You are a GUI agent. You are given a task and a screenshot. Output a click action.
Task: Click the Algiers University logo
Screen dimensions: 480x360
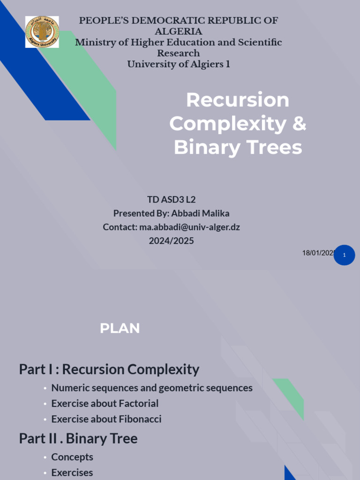tap(42, 32)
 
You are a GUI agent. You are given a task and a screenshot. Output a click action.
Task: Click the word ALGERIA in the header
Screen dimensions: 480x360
tap(179, 31)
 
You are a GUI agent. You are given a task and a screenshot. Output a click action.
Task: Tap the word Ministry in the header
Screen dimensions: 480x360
tap(96, 43)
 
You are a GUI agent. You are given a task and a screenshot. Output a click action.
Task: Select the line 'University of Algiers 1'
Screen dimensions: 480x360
tap(179, 64)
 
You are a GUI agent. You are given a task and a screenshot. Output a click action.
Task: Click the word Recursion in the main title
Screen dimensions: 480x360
tap(238, 100)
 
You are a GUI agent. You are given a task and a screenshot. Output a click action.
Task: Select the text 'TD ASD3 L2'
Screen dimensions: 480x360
tap(171, 200)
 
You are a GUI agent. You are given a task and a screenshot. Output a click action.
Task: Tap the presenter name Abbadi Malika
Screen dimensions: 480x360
tap(200, 214)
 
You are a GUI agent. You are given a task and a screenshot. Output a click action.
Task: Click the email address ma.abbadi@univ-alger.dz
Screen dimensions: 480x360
tap(189, 227)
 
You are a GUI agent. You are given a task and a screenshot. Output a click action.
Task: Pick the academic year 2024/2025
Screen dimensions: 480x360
tap(171, 241)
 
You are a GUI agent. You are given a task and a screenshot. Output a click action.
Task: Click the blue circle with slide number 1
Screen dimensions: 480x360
tap(345, 255)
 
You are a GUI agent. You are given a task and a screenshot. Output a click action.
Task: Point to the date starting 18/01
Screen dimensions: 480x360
tap(318, 253)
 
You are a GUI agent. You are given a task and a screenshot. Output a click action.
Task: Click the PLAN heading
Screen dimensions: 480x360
tap(120, 329)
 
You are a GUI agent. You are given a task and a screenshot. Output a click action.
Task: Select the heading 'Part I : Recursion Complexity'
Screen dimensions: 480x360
tap(109, 369)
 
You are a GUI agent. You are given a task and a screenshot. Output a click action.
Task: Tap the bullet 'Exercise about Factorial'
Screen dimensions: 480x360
tap(105, 404)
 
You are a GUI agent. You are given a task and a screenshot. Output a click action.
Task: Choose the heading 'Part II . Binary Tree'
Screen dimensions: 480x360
tap(78, 439)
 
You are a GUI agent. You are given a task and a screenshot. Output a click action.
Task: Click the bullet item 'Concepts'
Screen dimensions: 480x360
tap(72, 457)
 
